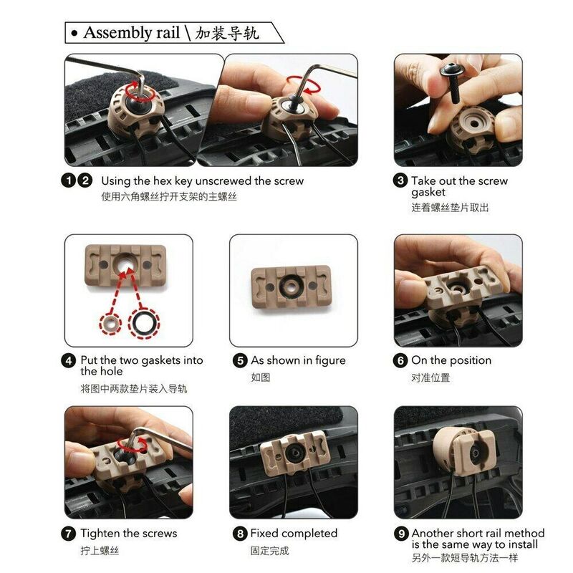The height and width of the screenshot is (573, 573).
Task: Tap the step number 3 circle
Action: pos(400,180)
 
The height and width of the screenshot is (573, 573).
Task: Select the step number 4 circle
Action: pos(69,361)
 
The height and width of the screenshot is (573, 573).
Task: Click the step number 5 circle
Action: pos(240,361)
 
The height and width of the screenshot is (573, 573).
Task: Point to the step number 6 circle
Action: pos(400,361)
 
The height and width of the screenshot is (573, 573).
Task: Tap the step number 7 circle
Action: pos(69,534)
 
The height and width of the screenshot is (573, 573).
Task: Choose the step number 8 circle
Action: pos(240,534)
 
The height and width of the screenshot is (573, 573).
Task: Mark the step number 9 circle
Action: pos(401,534)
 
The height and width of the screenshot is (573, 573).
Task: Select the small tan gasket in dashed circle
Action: pos(110,324)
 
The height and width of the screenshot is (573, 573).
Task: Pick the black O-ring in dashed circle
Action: pos(144,323)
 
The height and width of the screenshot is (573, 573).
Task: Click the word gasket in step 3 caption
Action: pos(428,193)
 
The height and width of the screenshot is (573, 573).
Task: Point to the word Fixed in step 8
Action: pos(264,533)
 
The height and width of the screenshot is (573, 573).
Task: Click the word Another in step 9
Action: pos(433,533)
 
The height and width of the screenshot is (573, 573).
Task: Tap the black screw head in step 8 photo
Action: pos(294,453)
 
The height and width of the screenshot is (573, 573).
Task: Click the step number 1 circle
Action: pos(69,180)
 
